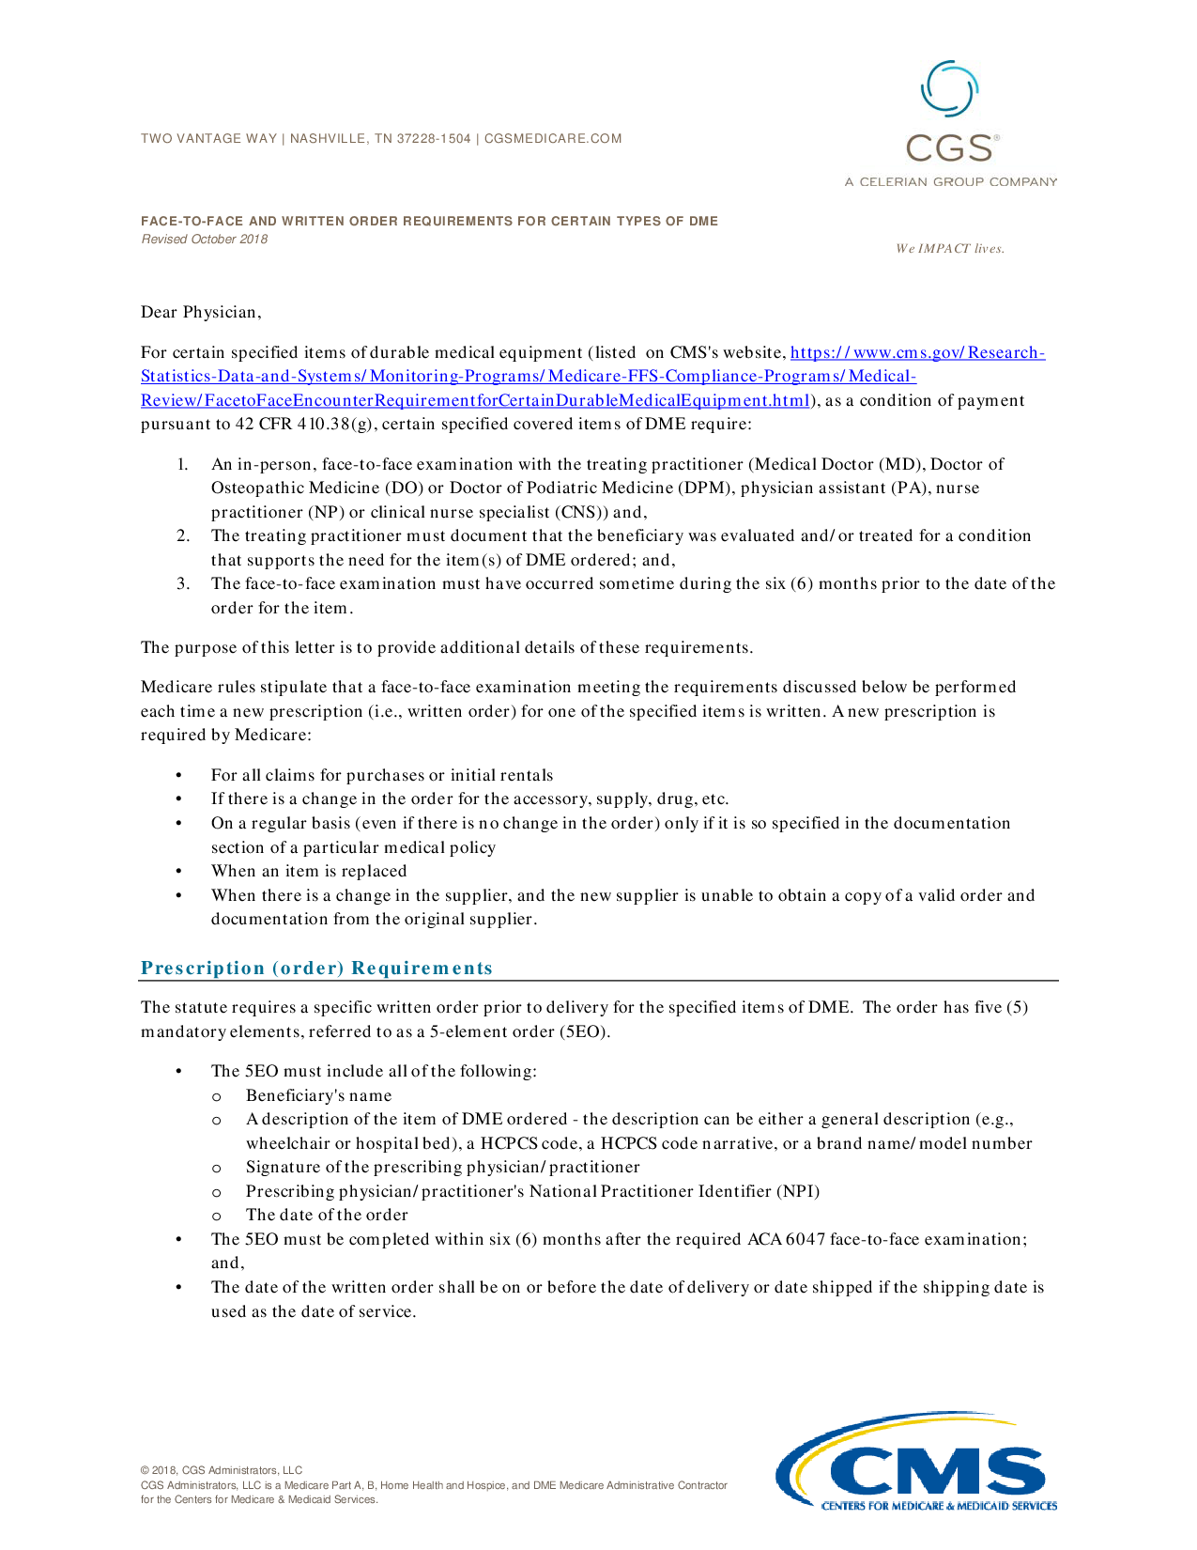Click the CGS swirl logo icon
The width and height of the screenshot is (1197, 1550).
[x=950, y=90]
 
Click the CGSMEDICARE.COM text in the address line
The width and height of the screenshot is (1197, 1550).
[x=553, y=139]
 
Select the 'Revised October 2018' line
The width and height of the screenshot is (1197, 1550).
[x=205, y=240]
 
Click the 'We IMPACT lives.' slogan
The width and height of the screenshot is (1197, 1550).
[x=949, y=249]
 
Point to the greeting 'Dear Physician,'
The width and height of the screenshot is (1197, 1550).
[x=201, y=313]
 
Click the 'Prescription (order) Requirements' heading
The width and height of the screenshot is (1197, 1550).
[x=316, y=969]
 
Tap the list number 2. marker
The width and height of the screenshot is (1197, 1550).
[x=183, y=536]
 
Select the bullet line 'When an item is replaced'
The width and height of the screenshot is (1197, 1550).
[x=309, y=872]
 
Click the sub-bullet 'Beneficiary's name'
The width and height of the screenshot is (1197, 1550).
[x=318, y=1096]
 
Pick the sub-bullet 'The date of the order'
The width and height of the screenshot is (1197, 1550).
[x=327, y=1216]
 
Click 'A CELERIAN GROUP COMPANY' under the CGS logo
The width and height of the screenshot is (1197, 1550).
[x=950, y=182]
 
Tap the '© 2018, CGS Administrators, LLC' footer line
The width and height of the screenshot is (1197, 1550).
[x=222, y=1471]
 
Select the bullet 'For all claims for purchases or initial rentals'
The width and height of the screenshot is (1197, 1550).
[x=382, y=776]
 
